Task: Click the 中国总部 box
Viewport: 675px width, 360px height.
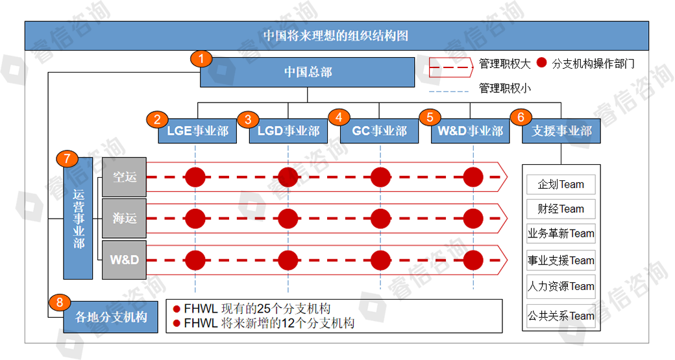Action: pyautogui.click(x=307, y=72)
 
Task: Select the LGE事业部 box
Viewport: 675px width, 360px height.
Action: pyautogui.click(x=197, y=131)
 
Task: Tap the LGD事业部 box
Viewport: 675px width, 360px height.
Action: pyautogui.click(x=288, y=131)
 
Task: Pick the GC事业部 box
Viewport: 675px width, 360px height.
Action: pyautogui.click(x=379, y=131)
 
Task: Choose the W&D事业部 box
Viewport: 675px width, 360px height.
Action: pyautogui.click(x=470, y=131)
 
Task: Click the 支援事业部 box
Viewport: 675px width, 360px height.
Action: pyautogui.click(x=561, y=131)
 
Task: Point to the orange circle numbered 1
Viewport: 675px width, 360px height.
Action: pyautogui.click(x=201, y=58)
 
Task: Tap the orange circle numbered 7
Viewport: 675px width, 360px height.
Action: pyautogui.click(x=67, y=160)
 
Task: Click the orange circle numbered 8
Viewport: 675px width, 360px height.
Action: pyautogui.click(x=60, y=302)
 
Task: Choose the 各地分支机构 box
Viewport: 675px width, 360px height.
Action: pyautogui.click(x=111, y=317)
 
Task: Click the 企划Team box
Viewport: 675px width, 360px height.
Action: pyautogui.click(x=561, y=184)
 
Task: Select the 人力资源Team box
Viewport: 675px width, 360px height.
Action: pyautogui.click(x=561, y=286)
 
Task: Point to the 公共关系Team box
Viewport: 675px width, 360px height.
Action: pyautogui.click(x=561, y=316)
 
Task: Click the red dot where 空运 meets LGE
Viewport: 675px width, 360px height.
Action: pyautogui.click(x=195, y=176)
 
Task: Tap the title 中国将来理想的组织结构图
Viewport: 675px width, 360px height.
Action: pyautogui.click(x=336, y=36)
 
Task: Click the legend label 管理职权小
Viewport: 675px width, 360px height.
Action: pyautogui.click(x=504, y=88)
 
